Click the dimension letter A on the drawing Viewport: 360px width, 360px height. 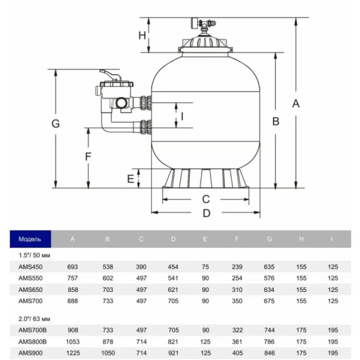point(296,103)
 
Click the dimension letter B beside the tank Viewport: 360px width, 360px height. point(276,121)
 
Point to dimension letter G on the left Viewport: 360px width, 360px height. point(56,124)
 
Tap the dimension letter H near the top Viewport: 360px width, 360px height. point(142,35)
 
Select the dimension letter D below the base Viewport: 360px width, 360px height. point(207,213)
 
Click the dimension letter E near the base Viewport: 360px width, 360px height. point(131,178)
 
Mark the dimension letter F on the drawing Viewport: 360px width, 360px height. point(87,157)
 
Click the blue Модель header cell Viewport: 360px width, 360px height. point(30,239)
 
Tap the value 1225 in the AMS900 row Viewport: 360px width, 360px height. point(73,352)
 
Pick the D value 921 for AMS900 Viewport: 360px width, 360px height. point(173,352)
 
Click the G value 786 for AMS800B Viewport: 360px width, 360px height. point(270,341)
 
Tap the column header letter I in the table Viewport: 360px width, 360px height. point(332,239)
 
